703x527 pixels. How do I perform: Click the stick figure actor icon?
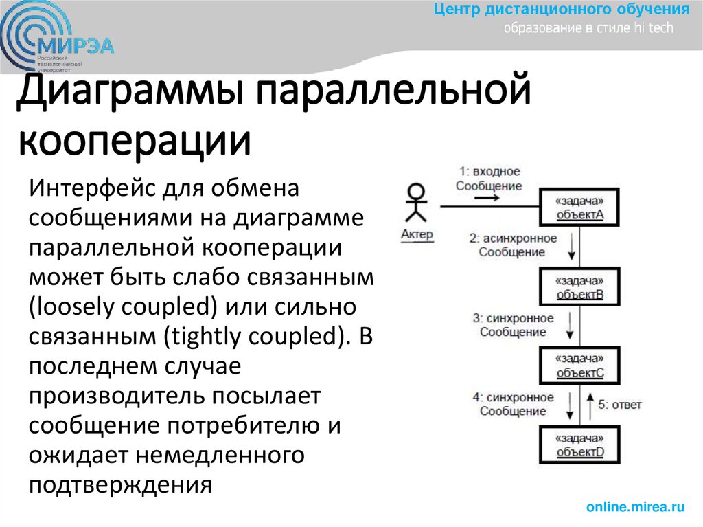pyautogui.click(x=415, y=203)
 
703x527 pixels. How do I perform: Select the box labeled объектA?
pyautogui.click(x=579, y=208)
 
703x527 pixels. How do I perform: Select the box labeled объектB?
pyautogui.click(x=579, y=288)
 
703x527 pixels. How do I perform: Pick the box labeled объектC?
pyautogui.click(x=579, y=366)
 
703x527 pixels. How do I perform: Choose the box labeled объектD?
pyautogui.click(x=579, y=445)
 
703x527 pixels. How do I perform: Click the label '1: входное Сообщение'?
pyautogui.click(x=489, y=179)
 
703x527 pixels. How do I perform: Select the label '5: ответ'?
pyautogui.click(x=619, y=405)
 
